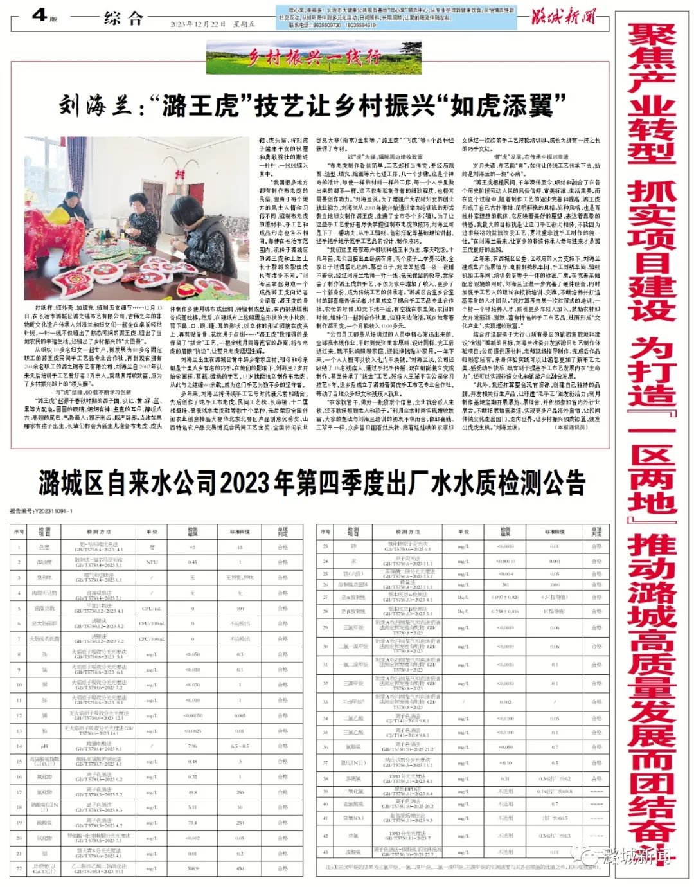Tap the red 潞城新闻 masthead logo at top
click(563, 16)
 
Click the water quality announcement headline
click(312, 481)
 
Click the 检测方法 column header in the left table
click(99, 532)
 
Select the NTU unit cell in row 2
click(152, 562)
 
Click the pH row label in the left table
click(44, 746)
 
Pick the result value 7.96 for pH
click(193, 746)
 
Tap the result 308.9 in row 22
click(193, 868)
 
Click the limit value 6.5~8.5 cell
click(240, 746)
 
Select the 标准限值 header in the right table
click(555, 532)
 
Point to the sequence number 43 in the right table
click(325, 852)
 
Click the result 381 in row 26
click(505, 585)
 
